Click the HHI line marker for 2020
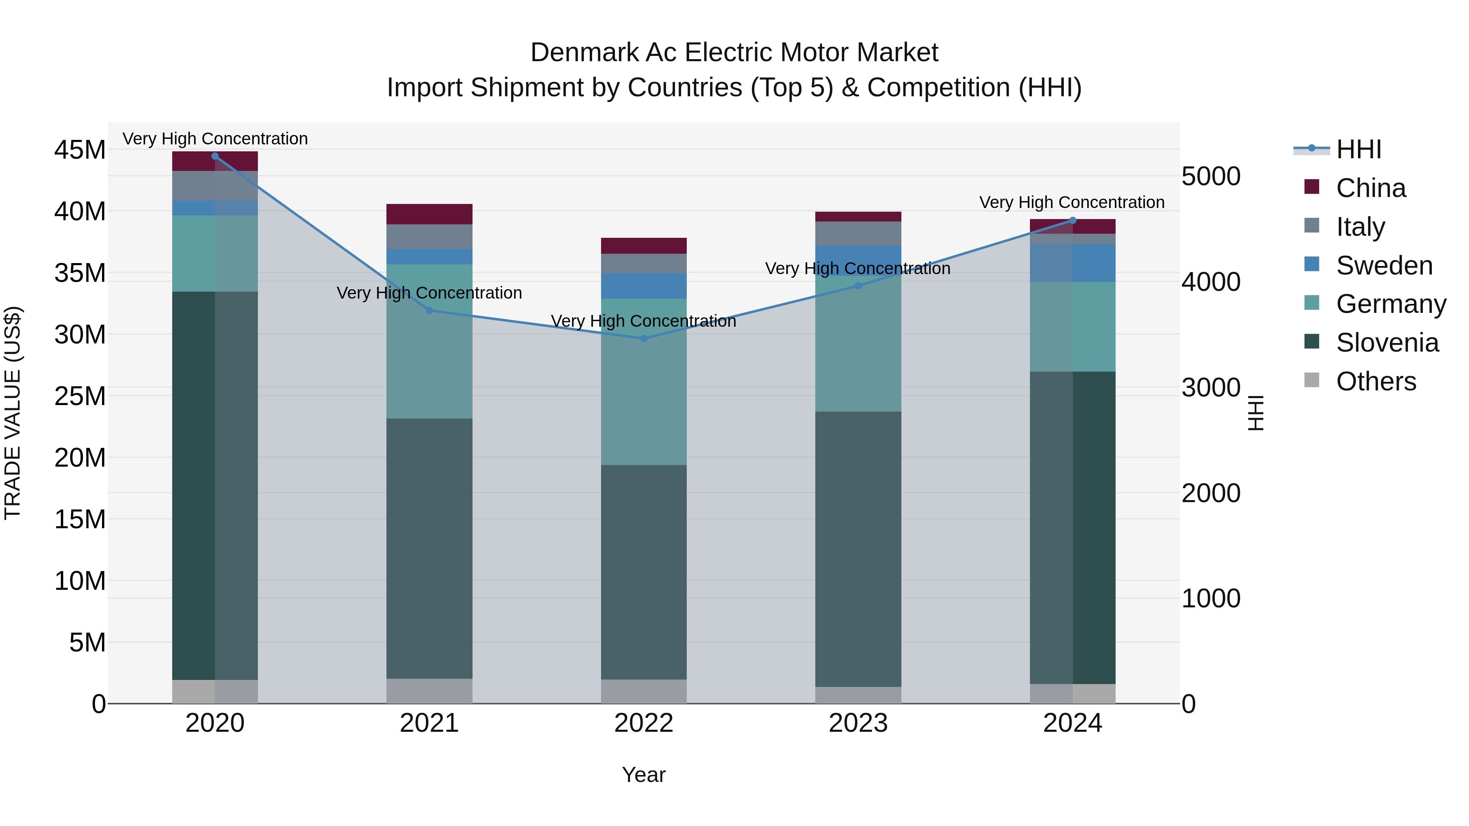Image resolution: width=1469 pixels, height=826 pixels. [215, 156]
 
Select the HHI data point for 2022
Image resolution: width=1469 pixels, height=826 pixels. [644, 338]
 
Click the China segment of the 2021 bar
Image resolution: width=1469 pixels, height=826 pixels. [429, 214]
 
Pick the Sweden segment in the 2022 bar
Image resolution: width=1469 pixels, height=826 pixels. [644, 286]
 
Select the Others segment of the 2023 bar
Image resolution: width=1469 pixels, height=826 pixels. [858, 695]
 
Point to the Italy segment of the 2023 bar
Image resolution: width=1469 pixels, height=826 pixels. [858, 233]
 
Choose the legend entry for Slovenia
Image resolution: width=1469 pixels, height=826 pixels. [1387, 343]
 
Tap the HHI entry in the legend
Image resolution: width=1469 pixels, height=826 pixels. [1358, 149]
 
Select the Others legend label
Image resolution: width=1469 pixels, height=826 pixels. [1376, 381]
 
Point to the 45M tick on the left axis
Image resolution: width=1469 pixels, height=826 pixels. [80, 150]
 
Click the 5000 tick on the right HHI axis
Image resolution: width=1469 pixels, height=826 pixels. [1211, 176]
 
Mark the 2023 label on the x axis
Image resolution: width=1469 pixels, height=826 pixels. [858, 723]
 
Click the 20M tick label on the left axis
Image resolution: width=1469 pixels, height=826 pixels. [80, 457]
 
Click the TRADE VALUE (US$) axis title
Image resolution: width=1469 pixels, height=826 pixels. [13, 413]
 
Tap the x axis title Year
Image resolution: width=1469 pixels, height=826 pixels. [644, 775]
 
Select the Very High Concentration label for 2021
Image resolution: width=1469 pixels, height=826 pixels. [429, 292]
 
